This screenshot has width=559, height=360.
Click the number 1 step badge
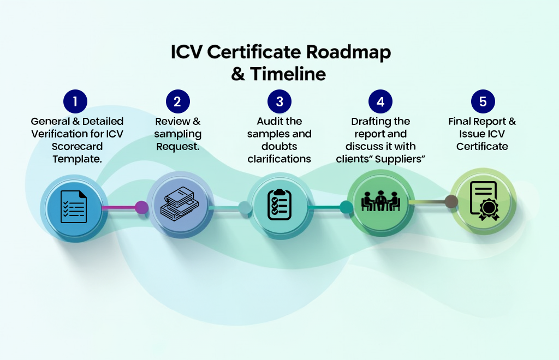(x=75, y=101)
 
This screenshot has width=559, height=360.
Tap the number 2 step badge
(x=177, y=101)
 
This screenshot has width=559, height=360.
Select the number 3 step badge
(x=279, y=101)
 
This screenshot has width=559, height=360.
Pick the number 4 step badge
(x=380, y=101)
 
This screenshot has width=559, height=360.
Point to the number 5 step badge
(x=483, y=101)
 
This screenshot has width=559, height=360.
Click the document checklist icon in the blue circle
(x=73, y=206)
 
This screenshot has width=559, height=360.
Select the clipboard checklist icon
(x=279, y=204)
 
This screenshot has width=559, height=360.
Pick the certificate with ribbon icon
(x=483, y=201)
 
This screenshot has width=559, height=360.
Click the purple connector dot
(x=141, y=207)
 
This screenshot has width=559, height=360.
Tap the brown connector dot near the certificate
(x=451, y=202)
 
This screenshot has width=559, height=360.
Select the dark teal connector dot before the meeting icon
(x=346, y=207)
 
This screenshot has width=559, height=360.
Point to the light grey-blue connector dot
(x=245, y=207)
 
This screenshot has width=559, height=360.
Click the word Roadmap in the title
(x=348, y=53)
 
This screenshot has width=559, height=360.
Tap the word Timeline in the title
(x=288, y=74)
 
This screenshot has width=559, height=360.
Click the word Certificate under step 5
(x=482, y=146)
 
